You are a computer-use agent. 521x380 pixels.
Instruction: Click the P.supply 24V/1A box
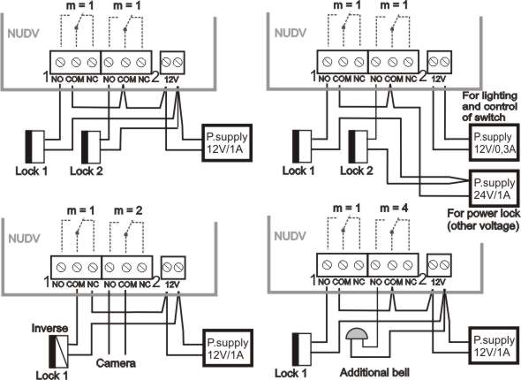495,188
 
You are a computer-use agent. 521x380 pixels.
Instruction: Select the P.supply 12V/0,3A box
495,142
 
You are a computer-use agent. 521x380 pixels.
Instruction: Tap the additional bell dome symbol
357,333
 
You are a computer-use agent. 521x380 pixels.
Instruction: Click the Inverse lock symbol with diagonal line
59,351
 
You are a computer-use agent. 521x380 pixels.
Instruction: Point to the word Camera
116,363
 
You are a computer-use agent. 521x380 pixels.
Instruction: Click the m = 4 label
394,209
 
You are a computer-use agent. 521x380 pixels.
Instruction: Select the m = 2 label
128,210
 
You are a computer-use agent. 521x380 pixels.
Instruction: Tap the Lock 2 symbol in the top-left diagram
91,147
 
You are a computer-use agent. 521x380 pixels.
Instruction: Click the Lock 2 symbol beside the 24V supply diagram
358,147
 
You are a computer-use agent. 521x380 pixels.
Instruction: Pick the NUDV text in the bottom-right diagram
290,236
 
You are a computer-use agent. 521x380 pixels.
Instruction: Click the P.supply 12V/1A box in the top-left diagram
227,143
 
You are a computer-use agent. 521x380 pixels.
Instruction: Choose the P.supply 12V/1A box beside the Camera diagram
228,348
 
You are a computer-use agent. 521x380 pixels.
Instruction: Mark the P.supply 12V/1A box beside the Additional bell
495,346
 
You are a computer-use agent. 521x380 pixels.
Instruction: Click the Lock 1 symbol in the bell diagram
302,349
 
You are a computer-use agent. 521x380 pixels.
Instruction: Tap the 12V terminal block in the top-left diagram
172,63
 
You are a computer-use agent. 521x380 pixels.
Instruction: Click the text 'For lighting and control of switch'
490,106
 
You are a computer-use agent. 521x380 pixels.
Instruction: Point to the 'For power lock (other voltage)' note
483,219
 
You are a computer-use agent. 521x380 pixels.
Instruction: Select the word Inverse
49,328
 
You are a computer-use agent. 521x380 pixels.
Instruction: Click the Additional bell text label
374,372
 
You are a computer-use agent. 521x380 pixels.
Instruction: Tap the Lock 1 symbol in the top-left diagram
35,147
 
